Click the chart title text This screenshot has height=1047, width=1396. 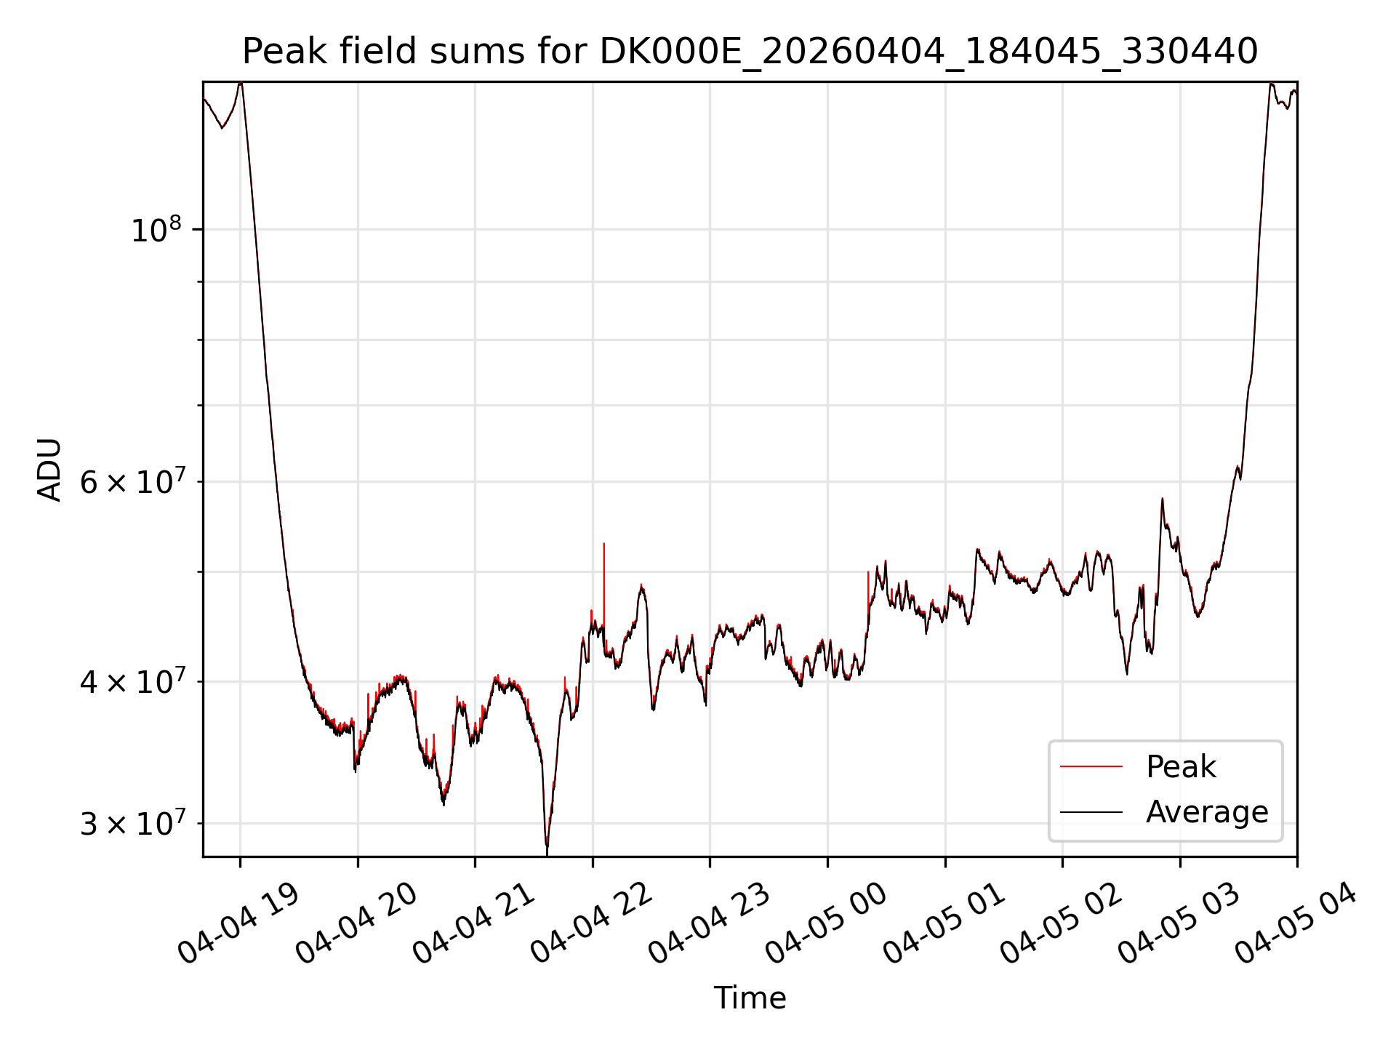750,52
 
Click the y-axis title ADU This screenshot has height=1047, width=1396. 49,470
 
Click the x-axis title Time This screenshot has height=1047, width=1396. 750,998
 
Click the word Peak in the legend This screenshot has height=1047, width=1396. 1181,767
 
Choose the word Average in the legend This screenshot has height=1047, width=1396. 1207,812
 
